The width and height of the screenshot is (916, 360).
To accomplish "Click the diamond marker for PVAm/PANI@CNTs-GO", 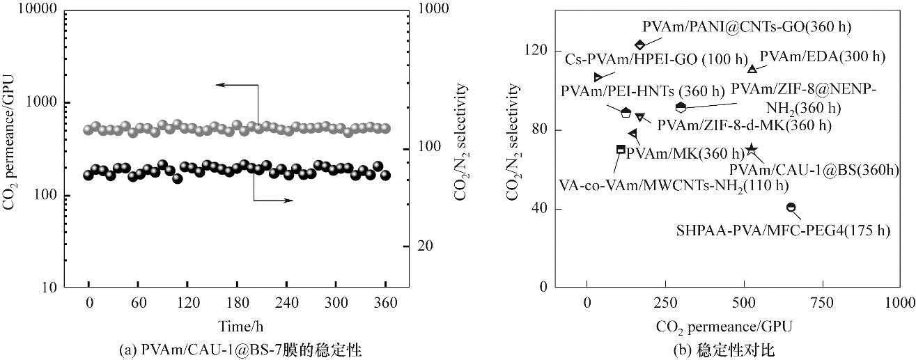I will [x=640, y=45].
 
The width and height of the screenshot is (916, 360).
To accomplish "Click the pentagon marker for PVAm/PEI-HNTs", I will [x=626, y=112].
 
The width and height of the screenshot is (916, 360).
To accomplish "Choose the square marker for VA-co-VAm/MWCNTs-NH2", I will [x=621, y=149].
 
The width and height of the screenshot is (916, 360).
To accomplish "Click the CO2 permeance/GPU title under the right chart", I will [x=724, y=325].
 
